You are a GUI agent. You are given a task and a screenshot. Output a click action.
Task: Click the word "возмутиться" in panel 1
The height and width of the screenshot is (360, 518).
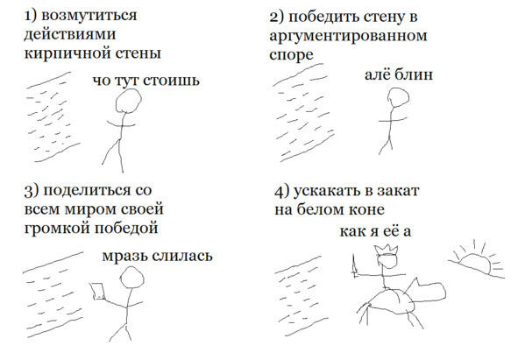[x=89, y=16]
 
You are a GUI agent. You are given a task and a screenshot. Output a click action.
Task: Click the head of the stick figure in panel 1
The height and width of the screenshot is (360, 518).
[x=128, y=101]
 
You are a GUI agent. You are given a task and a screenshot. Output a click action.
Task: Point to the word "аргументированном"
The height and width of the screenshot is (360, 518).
[x=348, y=36]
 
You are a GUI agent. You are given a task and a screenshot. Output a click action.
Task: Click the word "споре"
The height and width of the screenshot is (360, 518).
[x=291, y=55]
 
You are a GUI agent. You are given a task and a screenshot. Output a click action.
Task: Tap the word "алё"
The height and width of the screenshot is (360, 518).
[x=377, y=74]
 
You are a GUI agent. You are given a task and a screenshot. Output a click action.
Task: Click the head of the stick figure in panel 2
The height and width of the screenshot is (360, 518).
[x=398, y=97]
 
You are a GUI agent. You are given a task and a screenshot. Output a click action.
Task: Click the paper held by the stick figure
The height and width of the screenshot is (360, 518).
[x=97, y=291]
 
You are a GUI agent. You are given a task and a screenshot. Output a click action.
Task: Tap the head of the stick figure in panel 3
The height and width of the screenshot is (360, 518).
[x=132, y=277]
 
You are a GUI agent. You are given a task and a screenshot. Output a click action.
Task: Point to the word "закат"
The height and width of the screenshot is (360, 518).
[x=399, y=191]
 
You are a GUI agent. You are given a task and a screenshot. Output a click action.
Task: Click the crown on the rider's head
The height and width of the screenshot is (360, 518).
[x=386, y=250]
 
